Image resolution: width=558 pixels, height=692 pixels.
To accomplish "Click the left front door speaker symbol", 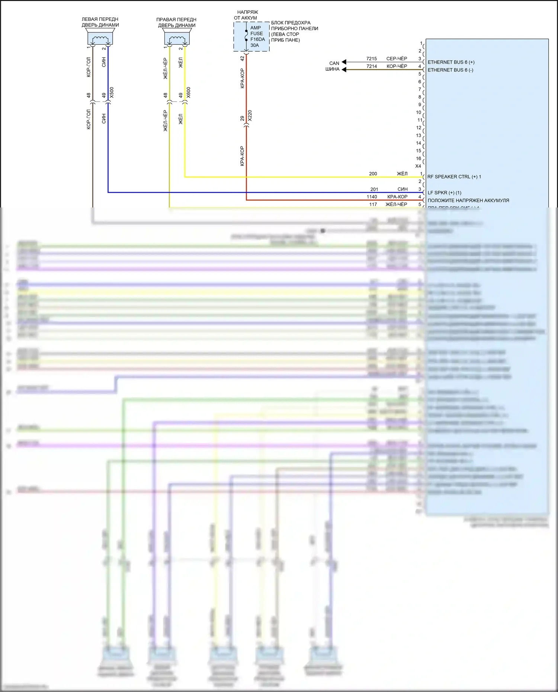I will pyautogui.click(x=100, y=38).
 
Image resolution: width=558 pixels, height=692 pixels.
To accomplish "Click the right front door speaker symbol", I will pyautogui.click(x=177, y=39).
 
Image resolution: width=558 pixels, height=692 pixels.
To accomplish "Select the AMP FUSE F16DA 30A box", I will pyautogui.click(x=251, y=36).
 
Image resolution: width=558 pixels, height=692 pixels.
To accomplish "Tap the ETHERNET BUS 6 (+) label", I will pyautogui.click(x=451, y=62).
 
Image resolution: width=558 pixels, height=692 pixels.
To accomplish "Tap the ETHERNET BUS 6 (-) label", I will pyautogui.click(x=450, y=70).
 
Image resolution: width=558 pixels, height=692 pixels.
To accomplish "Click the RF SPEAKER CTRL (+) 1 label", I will pyautogui.click(x=454, y=177).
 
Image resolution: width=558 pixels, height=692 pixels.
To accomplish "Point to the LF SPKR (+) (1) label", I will pyautogui.click(x=444, y=193).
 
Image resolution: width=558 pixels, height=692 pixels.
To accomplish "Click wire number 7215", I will pyautogui.click(x=371, y=58).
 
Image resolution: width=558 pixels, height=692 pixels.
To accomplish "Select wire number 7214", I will pyautogui.click(x=371, y=66).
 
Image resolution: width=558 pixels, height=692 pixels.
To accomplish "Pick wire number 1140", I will pyautogui.click(x=372, y=197).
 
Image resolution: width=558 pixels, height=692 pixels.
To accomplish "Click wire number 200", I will pyautogui.click(x=373, y=174).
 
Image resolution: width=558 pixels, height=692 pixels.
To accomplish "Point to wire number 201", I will pyautogui.click(x=374, y=189).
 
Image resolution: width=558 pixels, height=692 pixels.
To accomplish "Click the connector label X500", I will pyautogui.click(x=112, y=93).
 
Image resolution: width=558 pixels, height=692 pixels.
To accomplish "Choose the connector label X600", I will pyautogui.click(x=189, y=93).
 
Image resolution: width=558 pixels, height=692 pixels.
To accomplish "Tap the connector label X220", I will pyautogui.click(x=250, y=115).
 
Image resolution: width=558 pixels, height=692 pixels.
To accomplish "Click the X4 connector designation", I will pyautogui.click(x=418, y=166).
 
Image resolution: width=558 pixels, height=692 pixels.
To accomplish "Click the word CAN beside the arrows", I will pyautogui.click(x=334, y=63).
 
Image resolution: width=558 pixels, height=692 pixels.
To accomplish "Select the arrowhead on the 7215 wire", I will pyautogui.click(x=344, y=62).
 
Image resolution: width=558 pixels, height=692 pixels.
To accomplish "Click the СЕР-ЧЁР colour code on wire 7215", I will pyautogui.click(x=397, y=58).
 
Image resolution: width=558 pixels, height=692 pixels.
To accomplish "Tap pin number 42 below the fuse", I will pyautogui.click(x=243, y=58).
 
